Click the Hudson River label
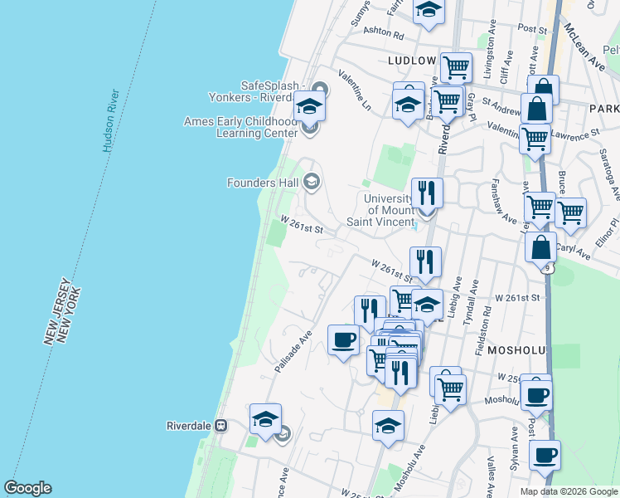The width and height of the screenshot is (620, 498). point(114,120)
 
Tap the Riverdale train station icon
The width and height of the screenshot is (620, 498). point(221,426)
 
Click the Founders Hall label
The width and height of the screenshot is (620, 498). point(263,183)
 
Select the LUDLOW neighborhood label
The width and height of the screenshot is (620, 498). point(411,61)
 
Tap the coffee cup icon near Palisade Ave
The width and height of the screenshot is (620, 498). point(343,339)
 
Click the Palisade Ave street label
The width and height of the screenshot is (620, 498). point(293,351)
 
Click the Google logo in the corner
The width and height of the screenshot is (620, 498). point(27,488)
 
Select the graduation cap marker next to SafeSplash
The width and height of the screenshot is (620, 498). point(309,106)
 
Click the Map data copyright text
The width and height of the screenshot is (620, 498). point(568,491)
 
